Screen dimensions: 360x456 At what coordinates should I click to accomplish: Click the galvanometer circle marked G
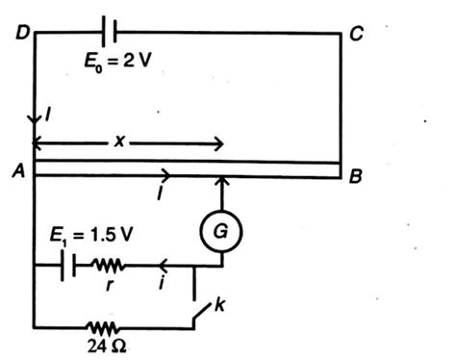pyautogui.click(x=220, y=231)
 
